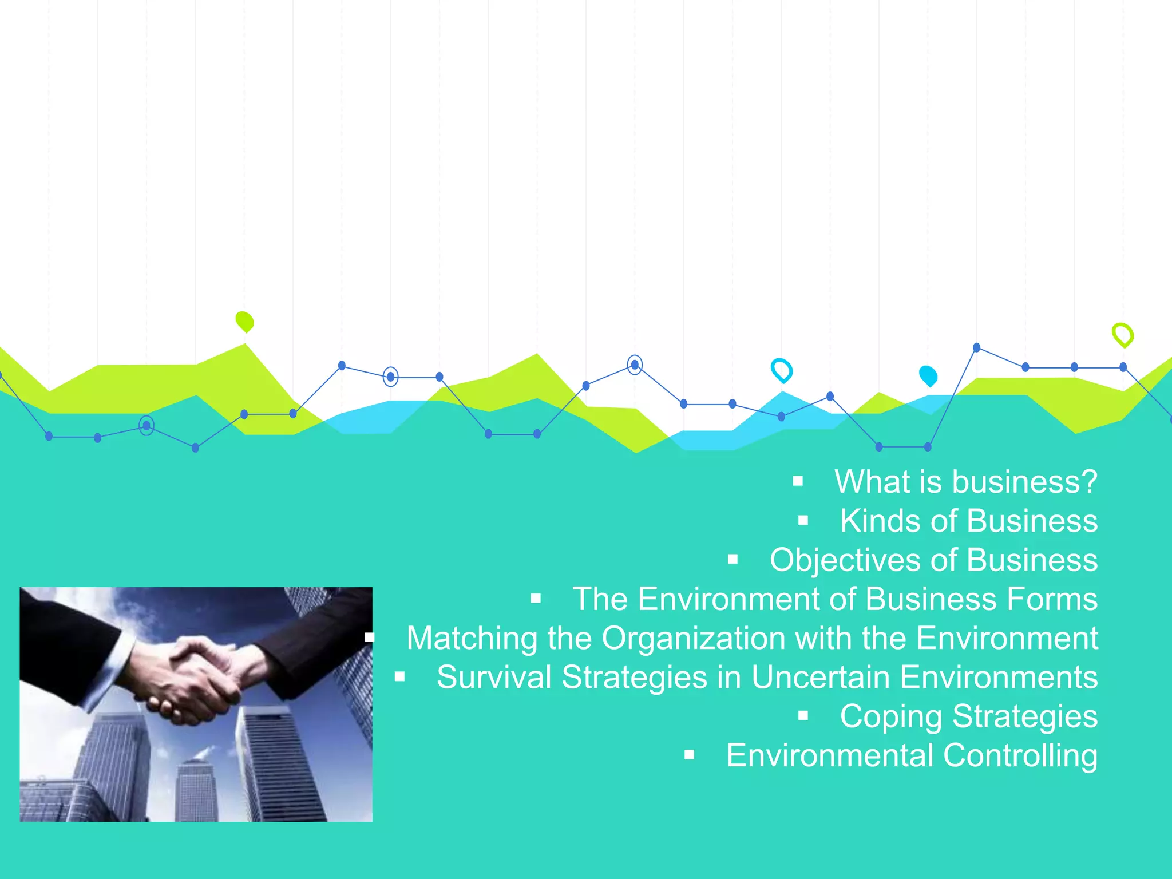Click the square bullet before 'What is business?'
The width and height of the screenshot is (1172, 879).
tap(798, 482)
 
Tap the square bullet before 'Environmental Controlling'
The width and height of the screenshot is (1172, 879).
tap(689, 755)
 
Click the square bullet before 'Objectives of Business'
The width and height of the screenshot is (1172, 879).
tap(732, 560)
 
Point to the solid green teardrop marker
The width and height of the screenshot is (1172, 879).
tap(245, 322)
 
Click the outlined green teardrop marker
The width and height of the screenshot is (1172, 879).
tap(1122, 335)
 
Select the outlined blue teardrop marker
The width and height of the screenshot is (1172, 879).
tap(781, 370)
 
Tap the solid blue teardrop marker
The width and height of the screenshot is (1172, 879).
tap(928, 376)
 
